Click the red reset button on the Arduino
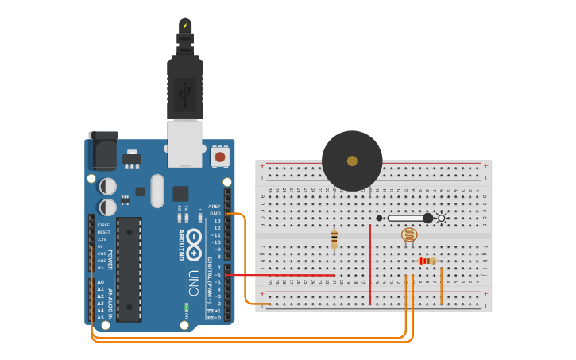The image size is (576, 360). pos(220,157)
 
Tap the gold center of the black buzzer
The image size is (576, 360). pos(352,161)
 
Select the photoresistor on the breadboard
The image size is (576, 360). pos(408,234)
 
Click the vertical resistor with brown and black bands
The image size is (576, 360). pos(334,238)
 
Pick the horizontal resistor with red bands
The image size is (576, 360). pos(427,261)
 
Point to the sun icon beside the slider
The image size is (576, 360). pos(443,218)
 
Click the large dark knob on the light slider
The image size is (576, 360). pos(427,218)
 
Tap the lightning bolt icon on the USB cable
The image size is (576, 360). pos(185,25)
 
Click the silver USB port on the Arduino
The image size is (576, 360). pos(185,143)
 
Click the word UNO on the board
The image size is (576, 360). pos(193,283)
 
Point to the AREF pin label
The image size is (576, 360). pos(215,207)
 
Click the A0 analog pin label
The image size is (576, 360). pos(100,282)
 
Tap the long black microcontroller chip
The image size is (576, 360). pos(130,269)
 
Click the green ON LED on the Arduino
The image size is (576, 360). pos(185,307)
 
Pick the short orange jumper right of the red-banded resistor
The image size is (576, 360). pos(442,286)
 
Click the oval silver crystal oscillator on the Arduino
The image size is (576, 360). pos(157,191)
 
